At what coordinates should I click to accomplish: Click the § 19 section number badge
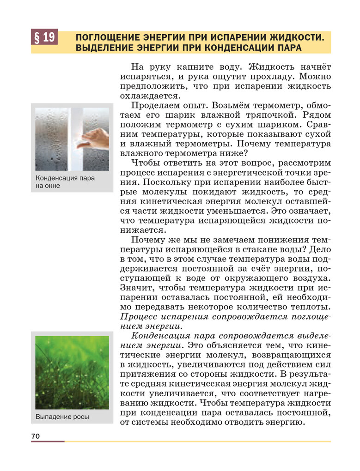point(44,36)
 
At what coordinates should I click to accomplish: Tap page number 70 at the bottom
point(36,436)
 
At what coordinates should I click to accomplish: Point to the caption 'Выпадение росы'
point(62,417)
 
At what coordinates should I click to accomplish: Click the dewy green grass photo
point(72,372)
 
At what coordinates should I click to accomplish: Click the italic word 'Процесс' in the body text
point(139,317)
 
